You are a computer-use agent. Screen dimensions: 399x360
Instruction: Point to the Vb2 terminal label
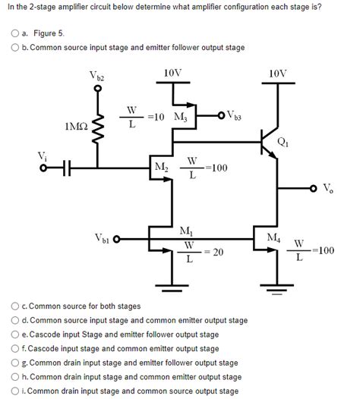tap(100, 77)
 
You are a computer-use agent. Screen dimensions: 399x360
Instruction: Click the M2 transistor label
tap(161, 167)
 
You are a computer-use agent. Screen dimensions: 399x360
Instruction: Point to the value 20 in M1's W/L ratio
tap(216, 252)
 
